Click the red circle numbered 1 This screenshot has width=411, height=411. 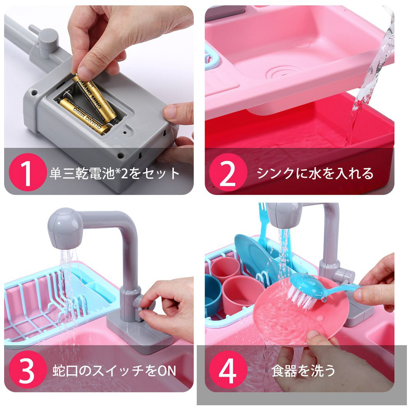click(x=27, y=172)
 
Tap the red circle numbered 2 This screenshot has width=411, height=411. click(x=228, y=172)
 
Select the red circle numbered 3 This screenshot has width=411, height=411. click(x=27, y=370)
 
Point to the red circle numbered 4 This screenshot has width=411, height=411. click(x=228, y=370)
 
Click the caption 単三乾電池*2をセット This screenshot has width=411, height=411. click(x=115, y=173)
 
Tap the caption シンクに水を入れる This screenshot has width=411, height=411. click(x=314, y=173)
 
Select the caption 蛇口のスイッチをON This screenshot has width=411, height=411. click(x=114, y=371)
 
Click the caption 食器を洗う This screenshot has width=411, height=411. click(x=303, y=371)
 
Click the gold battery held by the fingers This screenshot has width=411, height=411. click(x=95, y=99)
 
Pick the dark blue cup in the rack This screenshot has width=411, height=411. click(x=213, y=293)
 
